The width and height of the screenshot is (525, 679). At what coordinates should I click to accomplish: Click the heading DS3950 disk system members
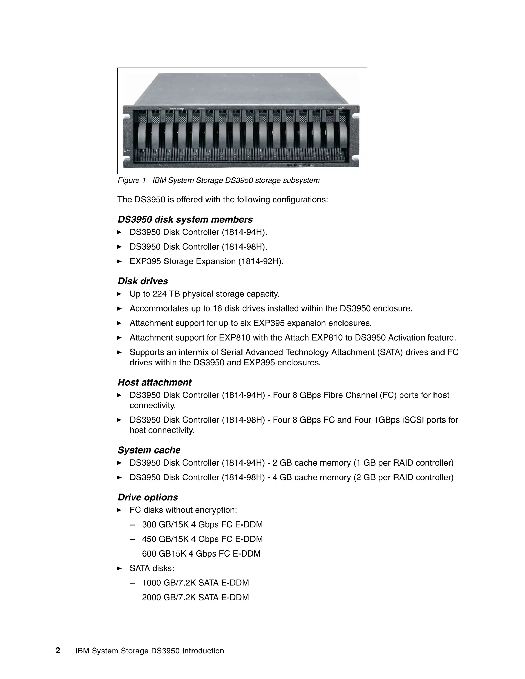tap(185, 220)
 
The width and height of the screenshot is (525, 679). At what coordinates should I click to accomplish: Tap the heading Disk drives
tap(143, 281)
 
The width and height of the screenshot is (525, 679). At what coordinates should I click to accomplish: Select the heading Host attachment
tap(155, 382)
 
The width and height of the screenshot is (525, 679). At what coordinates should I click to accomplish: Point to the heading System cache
tap(149, 450)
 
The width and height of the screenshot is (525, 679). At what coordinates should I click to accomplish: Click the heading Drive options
tap(148, 497)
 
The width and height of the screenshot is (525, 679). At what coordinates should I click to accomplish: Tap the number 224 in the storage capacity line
tap(159, 294)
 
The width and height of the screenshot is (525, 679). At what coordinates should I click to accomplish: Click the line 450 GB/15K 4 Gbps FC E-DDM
tap(202, 539)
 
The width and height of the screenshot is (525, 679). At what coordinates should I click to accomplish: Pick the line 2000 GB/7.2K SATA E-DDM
tap(195, 597)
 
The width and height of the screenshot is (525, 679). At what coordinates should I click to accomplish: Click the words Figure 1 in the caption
tap(132, 180)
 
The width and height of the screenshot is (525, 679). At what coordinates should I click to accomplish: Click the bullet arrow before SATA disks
tap(119, 568)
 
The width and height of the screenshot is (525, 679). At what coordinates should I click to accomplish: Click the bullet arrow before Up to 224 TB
tap(119, 294)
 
